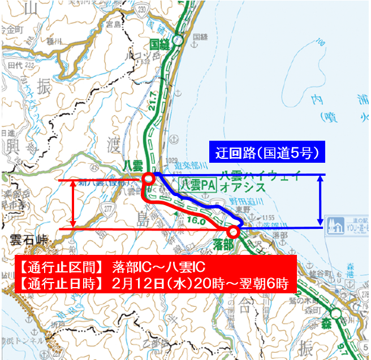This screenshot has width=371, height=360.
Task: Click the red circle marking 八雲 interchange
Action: click(x=148, y=179)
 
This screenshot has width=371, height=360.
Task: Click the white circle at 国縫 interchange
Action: click(x=178, y=40)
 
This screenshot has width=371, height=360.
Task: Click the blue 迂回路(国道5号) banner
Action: click(x=266, y=152)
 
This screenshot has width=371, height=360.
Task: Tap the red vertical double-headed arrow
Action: click(x=74, y=204)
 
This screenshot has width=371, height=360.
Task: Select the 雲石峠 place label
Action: click(x=26, y=239)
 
